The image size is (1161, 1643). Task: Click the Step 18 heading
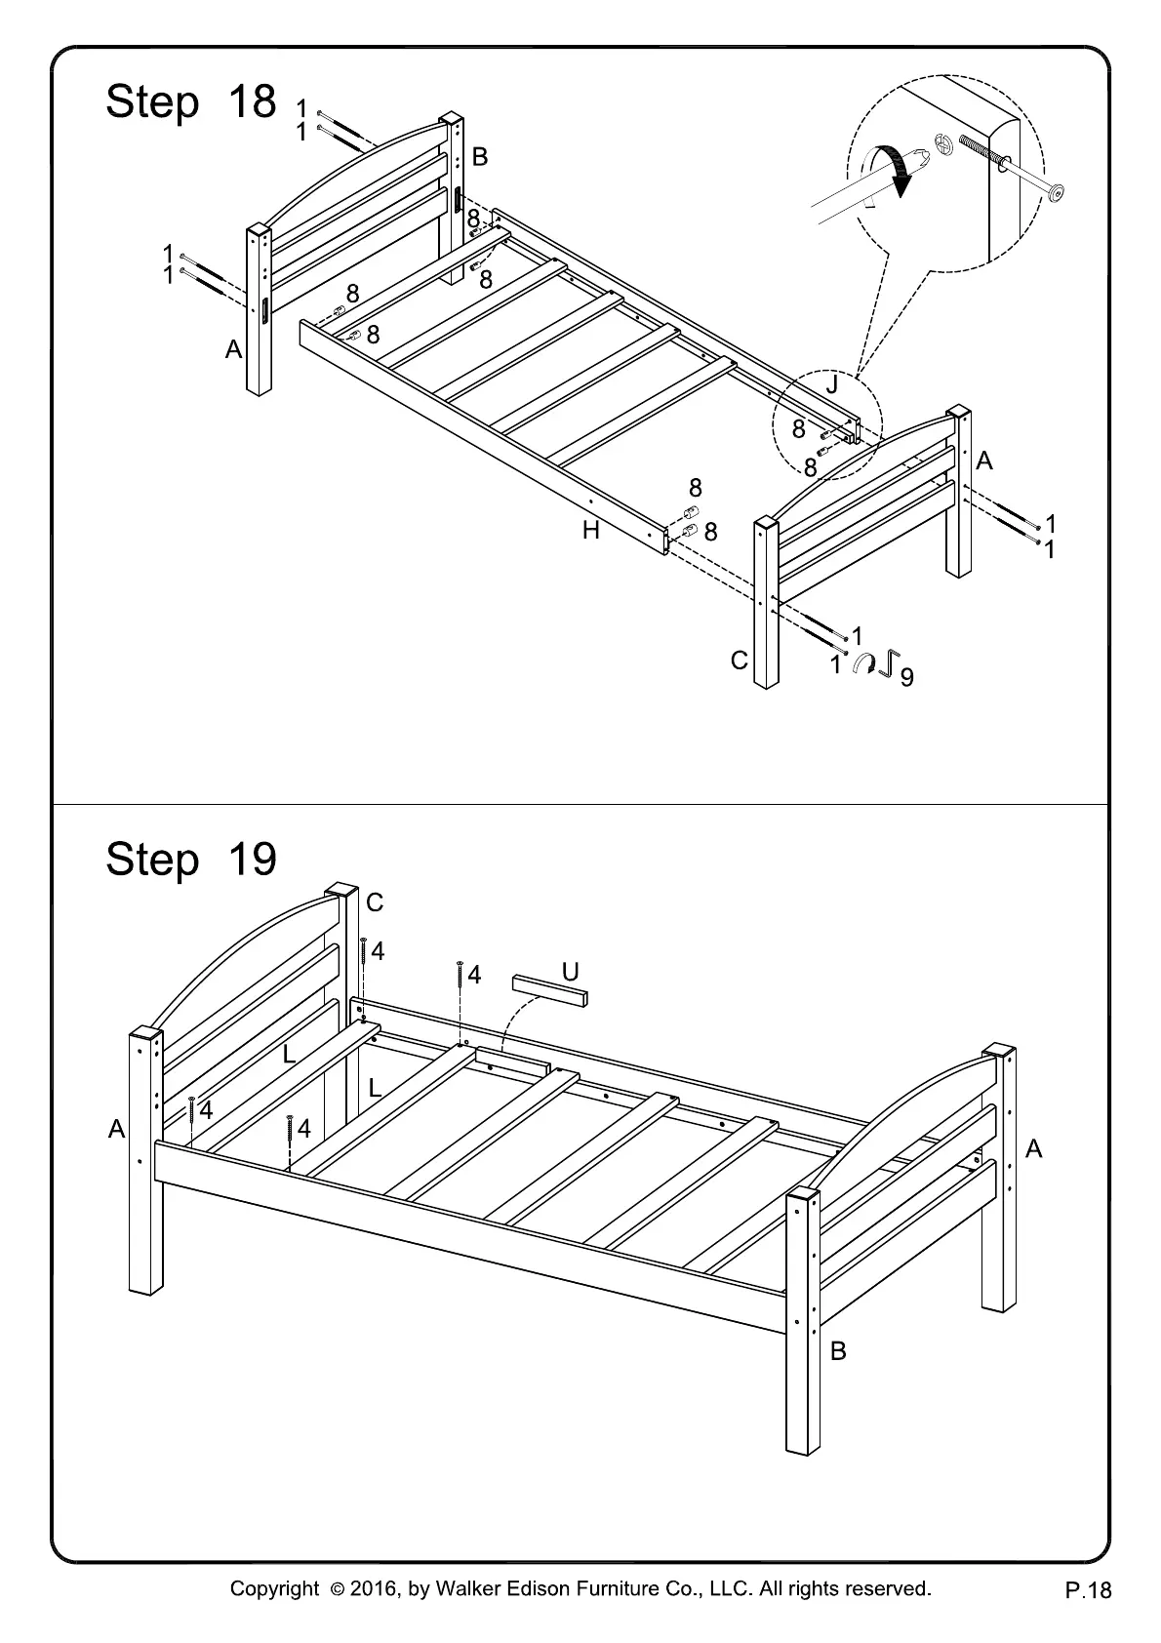pos(191,101)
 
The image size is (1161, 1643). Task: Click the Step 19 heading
pos(191,860)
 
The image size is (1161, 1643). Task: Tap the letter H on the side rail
pos(591,531)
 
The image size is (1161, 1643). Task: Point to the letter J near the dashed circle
pos(831,385)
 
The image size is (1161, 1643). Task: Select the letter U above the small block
pos(571,972)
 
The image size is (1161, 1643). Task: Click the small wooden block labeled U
pos(551,990)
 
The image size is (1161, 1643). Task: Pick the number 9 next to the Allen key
pos(907,676)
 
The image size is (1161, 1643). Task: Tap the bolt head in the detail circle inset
pos(1056,192)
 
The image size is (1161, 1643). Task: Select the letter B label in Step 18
pos(480,156)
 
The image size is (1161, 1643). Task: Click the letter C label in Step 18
pos(739,661)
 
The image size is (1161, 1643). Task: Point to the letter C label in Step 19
pos(375,902)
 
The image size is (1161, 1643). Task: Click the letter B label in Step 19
pos(838,1351)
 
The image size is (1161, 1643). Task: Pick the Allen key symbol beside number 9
pos(888,663)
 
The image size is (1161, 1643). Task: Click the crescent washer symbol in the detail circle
pos(943,142)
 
